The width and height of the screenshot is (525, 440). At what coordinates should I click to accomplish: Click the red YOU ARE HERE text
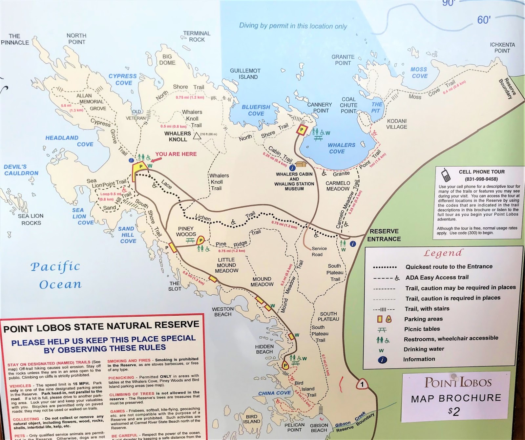(176, 154)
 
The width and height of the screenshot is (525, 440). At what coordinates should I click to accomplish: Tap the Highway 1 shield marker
(362, 384)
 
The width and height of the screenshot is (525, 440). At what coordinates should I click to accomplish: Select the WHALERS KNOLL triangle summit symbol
(197, 136)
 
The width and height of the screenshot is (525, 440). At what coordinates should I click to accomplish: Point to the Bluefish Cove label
(256, 110)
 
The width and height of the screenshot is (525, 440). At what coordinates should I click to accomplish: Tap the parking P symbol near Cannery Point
(302, 130)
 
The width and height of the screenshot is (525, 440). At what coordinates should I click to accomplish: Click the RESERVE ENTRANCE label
(384, 235)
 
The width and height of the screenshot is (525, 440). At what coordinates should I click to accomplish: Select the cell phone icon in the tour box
(446, 175)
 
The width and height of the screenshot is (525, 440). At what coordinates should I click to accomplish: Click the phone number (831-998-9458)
(481, 179)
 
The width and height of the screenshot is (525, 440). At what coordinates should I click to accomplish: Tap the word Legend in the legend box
(443, 253)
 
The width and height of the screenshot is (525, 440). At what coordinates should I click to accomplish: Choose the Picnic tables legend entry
(422, 329)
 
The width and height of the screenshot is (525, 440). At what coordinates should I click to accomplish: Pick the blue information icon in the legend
(382, 360)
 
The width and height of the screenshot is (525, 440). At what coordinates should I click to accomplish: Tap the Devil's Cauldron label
(21, 170)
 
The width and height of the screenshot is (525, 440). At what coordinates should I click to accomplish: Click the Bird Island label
(251, 419)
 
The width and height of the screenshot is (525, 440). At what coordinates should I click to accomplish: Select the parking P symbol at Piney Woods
(200, 241)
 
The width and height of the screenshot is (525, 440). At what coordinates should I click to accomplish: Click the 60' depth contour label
(484, 20)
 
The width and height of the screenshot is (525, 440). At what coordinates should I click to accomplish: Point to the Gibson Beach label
(319, 428)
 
